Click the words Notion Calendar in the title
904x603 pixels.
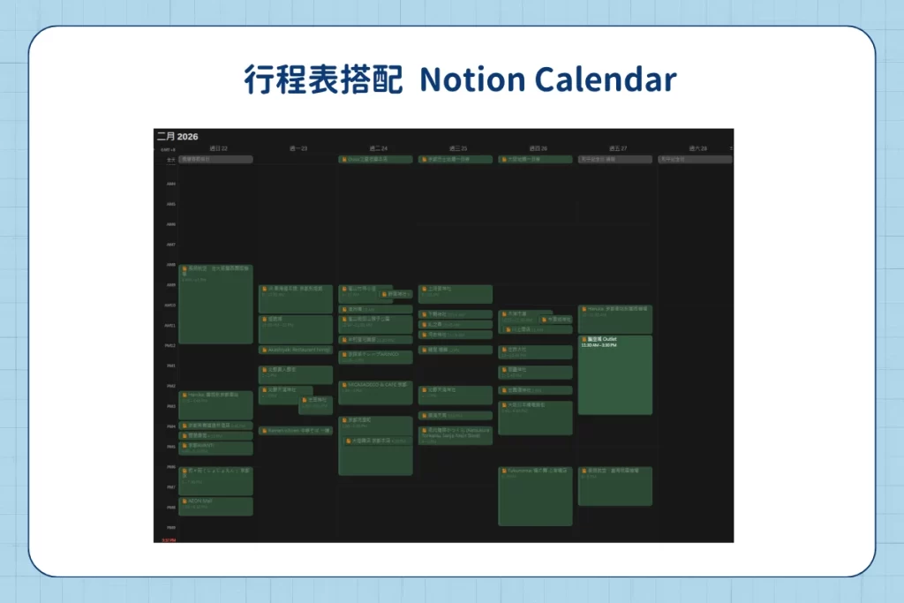point(547,79)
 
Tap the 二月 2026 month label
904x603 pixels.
point(177,137)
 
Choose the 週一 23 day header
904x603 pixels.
point(298,148)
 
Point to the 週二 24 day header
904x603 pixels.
point(378,148)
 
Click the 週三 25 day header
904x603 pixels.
point(457,148)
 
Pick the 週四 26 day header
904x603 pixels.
point(537,148)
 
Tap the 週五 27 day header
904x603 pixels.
point(617,148)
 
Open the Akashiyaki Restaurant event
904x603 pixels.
point(296,350)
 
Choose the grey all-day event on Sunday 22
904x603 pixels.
point(215,160)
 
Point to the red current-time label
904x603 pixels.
point(168,539)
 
